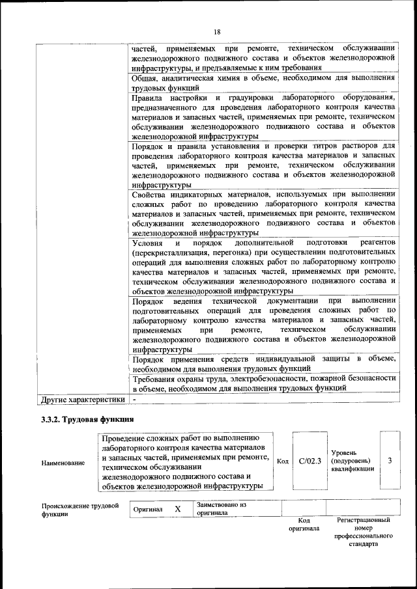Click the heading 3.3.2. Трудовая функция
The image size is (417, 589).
pos(87,419)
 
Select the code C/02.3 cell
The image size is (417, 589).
pos(310,461)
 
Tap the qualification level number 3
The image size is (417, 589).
pos(389,461)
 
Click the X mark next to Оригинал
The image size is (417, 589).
pos(177,509)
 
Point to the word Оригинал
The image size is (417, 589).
pos(147,510)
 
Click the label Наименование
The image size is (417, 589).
pos(63,463)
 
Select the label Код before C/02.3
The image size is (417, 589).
pos(283,461)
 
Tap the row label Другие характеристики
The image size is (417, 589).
pos(82,398)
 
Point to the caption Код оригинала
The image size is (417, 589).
pos(304,525)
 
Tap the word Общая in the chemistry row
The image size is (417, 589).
pos(145,77)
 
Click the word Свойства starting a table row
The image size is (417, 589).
pos(151,194)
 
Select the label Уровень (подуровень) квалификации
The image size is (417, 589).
pos(352,460)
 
